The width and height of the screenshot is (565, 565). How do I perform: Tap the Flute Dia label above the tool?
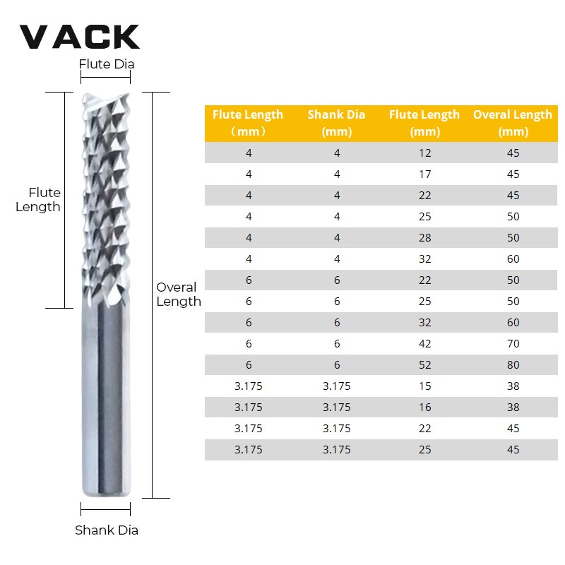tap(106, 64)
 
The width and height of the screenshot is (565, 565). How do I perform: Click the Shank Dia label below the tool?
tap(107, 530)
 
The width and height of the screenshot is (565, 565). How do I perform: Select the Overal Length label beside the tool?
tap(178, 295)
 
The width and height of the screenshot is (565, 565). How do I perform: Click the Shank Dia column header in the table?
tap(336, 123)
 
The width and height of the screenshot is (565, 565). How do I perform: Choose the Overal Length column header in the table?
tap(513, 123)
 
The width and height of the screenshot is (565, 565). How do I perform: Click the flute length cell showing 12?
tap(424, 153)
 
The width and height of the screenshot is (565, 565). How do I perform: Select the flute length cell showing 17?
tap(424, 174)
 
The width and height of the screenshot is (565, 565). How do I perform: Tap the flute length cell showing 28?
tap(424, 237)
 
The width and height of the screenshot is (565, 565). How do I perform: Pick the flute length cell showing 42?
tap(424, 343)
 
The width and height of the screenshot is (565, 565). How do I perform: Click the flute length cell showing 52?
tap(424, 364)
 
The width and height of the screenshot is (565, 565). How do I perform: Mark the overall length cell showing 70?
tap(513, 343)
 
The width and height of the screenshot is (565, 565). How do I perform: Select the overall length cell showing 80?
tap(513, 364)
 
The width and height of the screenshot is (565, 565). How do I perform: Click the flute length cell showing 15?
tap(424, 386)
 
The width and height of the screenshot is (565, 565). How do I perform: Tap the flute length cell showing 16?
tap(424, 407)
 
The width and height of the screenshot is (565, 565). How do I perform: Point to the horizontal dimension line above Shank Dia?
tap(105, 509)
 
